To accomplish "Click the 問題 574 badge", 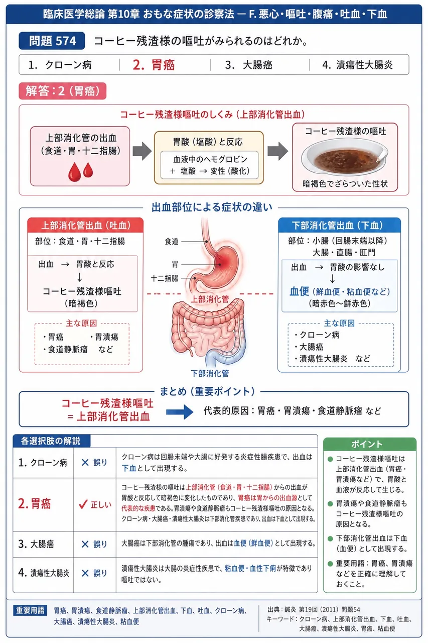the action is pos(52,41).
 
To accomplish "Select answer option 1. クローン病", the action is pos(60,65).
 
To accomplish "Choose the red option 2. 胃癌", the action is pos(154,65).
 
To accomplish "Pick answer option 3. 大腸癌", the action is pos(248,65).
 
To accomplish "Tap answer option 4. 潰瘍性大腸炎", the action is pos(357,65).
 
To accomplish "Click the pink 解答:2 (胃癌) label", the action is pos(63,91).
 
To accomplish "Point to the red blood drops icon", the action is pos(81,172).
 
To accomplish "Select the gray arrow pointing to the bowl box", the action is pos(277,151).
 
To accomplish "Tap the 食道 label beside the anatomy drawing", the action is pos(172,242).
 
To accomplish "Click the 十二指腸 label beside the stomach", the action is pos(165,278).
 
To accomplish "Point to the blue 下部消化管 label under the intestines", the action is pos(210,373).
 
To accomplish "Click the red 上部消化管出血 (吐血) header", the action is pos(85,226).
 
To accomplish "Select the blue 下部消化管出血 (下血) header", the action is pos(339,226).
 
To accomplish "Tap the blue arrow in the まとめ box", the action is pos(180,411).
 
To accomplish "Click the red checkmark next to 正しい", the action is pos(83,504).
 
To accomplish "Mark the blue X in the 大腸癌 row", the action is pos(85,544).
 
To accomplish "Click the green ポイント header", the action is pos(369,444).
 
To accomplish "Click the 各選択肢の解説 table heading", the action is pos(51,441).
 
